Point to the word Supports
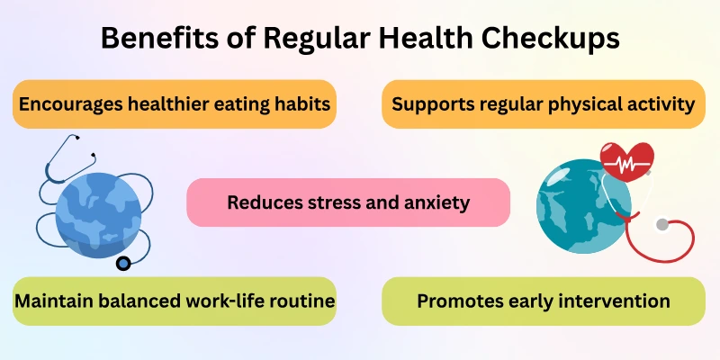(x=431, y=104)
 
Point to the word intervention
(x=614, y=301)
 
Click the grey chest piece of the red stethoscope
(x=662, y=224)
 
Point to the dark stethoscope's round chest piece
(x=122, y=263)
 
